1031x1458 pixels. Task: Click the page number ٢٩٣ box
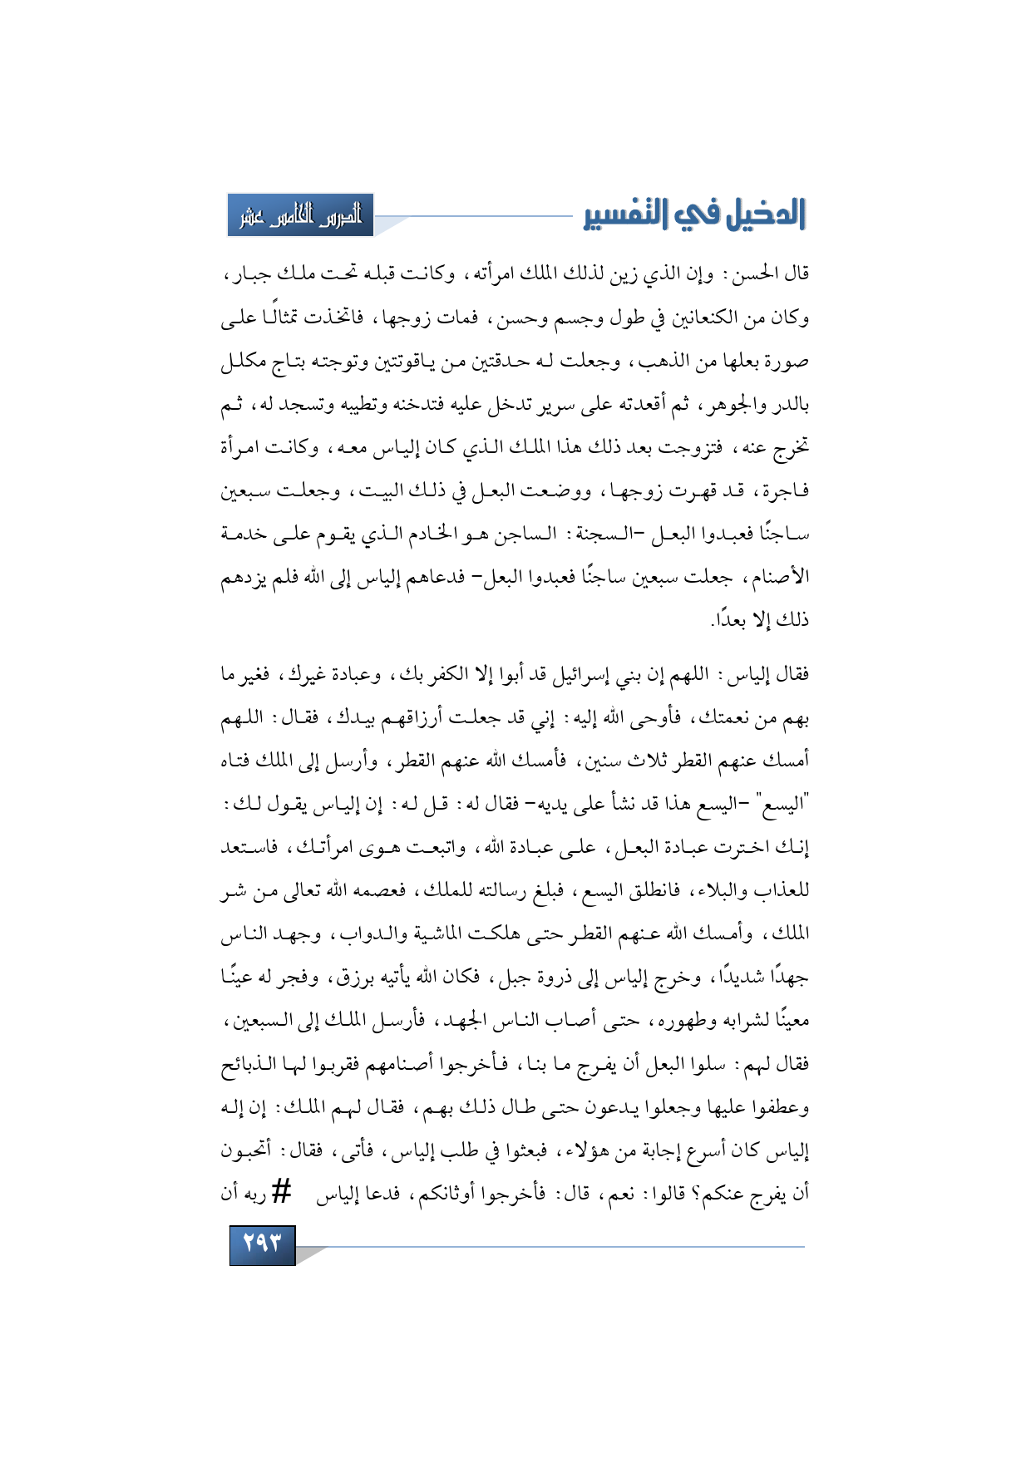point(262,1245)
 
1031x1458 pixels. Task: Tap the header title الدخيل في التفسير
point(694,214)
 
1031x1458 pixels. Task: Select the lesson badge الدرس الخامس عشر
point(300,215)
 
